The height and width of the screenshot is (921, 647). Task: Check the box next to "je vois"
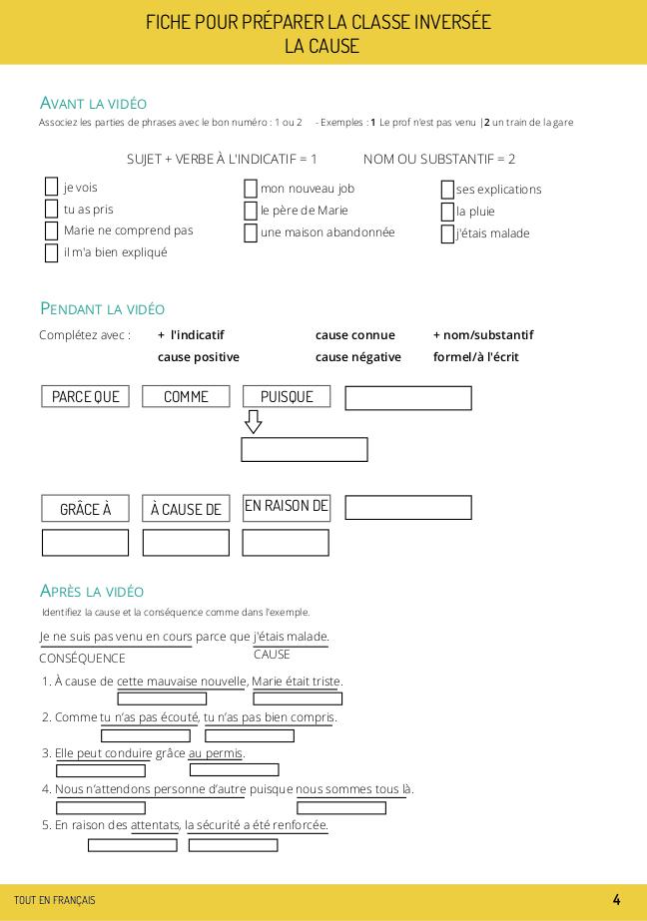pos(52,187)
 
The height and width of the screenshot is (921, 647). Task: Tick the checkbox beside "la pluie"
pos(448,212)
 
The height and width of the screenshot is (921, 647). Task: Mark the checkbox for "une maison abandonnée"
pos(251,233)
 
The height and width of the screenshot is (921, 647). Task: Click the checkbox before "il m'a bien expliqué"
pos(52,252)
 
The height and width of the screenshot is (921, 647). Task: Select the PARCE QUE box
pos(86,396)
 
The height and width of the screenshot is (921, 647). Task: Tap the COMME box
pos(186,396)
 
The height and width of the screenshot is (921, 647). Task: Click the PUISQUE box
pos(287,396)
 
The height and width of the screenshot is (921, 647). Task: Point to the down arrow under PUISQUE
pos(254,422)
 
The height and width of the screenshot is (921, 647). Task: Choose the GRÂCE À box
pos(86,509)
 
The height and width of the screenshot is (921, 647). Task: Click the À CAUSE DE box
pos(186,509)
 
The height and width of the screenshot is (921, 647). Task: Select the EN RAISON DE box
pos(287,506)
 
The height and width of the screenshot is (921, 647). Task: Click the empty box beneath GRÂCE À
pos(86,543)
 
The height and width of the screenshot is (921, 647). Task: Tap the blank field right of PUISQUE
pos(408,398)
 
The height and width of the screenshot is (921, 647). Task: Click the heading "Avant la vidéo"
pos(93,103)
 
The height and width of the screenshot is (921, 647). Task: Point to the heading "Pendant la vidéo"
pos(102,308)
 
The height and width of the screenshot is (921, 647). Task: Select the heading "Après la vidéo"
pos(92,591)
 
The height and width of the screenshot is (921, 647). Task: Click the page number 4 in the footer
pos(616,900)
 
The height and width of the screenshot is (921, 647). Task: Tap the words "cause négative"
pos(358,357)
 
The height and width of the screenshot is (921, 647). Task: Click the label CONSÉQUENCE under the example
pos(83,659)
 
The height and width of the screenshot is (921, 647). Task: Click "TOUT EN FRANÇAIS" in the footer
pos(55,900)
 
